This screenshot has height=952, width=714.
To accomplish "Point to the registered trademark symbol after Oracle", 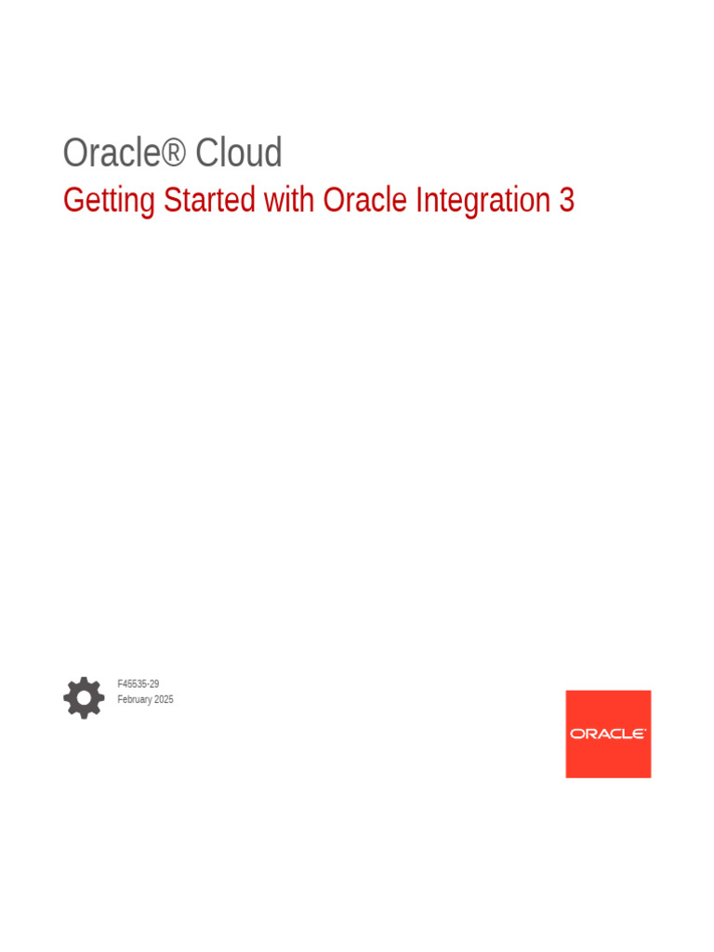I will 174,152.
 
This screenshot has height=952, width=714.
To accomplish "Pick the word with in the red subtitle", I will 289,200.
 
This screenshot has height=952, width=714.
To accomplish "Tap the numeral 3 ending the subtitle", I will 567,200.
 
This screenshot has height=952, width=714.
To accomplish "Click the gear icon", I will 84,697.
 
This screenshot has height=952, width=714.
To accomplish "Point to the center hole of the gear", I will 84,697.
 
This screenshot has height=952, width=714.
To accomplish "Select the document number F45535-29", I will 138,683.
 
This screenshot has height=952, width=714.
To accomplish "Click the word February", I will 134,699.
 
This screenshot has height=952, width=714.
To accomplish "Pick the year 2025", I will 164,699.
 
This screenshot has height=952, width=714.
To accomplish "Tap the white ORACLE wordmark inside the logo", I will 608,734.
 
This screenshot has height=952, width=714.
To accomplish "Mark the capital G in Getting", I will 72,200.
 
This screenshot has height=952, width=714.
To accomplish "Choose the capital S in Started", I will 171,200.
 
